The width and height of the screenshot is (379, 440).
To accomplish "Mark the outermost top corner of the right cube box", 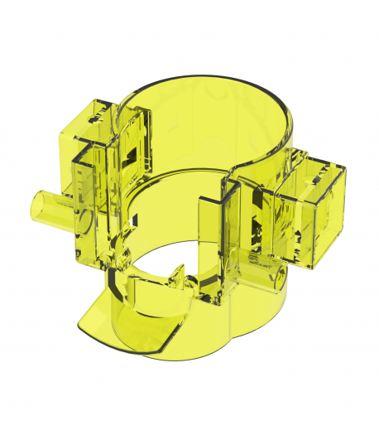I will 344,167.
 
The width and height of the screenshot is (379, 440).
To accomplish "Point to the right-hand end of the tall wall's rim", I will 291,133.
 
